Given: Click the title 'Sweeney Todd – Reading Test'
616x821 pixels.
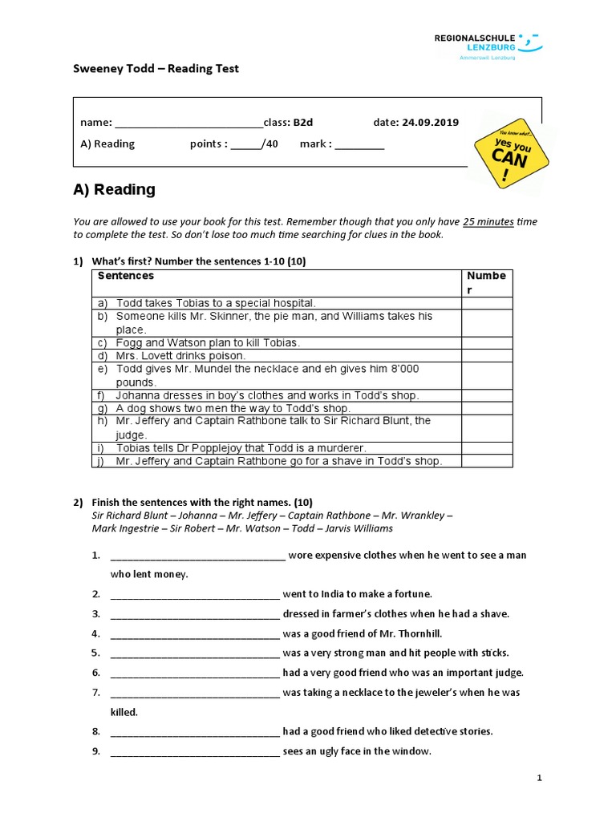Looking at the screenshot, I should point(156,69).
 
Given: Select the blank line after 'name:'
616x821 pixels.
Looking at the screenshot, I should point(188,123).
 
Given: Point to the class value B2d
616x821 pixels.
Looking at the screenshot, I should point(302,123).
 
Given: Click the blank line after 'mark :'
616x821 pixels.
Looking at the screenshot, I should point(359,144).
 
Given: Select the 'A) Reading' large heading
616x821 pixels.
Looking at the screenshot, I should point(114,190).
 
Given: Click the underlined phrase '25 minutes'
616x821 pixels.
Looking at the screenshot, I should point(488,222).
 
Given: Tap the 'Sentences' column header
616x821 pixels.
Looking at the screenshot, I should point(126,276).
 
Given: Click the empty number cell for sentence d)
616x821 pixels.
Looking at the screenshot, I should point(487,356).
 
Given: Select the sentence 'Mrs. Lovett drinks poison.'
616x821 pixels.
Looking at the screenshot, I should point(181,356).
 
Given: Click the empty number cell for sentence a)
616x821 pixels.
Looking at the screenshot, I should point(487,303).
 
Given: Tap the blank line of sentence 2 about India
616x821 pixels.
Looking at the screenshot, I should point(195,594).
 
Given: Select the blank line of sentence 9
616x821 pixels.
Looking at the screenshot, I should point(195,751).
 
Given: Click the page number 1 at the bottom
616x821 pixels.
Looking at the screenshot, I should point(540,778).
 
